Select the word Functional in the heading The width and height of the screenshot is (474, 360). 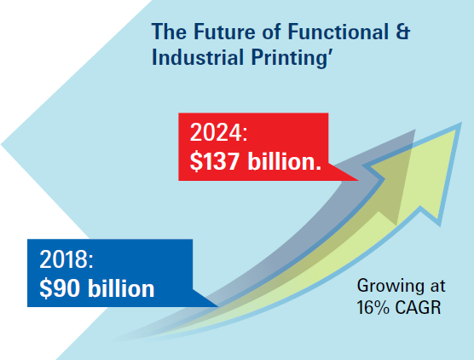[x=338, y=32]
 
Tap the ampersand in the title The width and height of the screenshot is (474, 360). [x=403, y=32]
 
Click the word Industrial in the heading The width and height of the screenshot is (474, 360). [x=198, y=57]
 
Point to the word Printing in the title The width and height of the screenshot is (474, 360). [x=289, y=58]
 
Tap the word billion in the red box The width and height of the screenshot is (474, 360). [x=284, y=160]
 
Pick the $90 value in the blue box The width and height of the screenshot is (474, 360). [x=60, y=288]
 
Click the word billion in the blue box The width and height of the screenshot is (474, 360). [x=121, y=287]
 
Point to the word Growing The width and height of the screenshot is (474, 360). [x=390, y=287]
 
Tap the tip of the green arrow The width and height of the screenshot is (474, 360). [x=460, y=124]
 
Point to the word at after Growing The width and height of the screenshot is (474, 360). [x=437, y=287]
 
